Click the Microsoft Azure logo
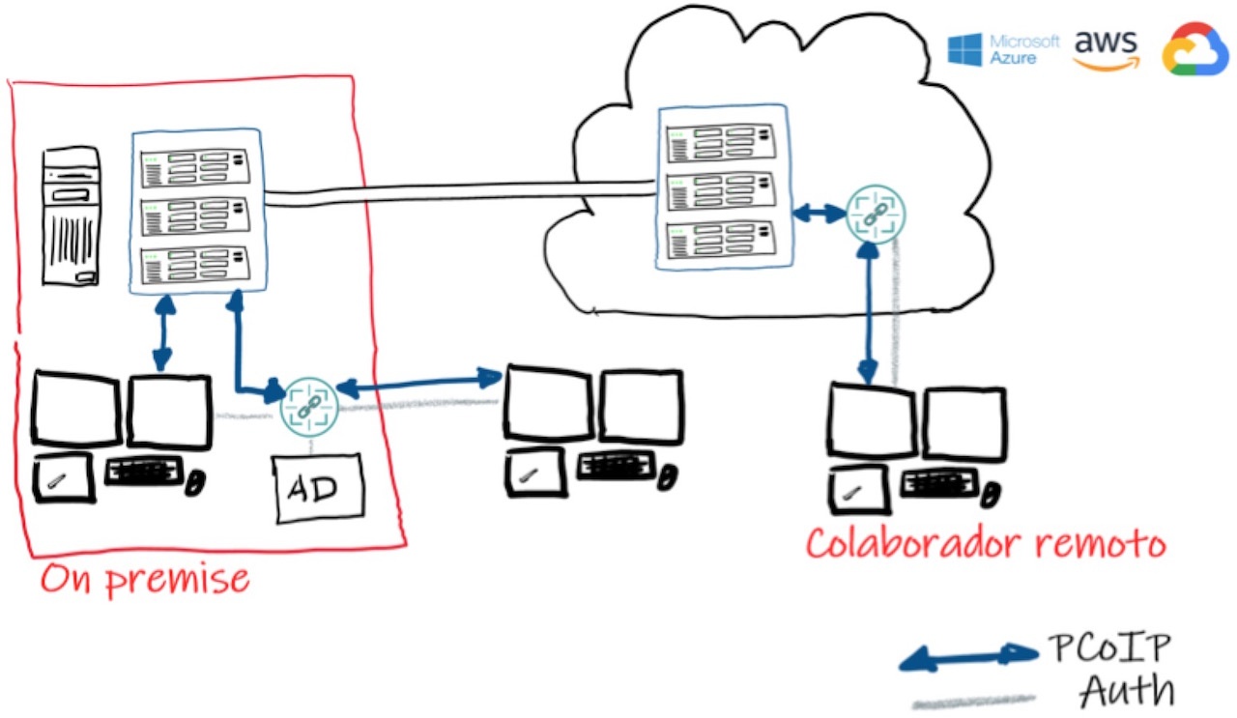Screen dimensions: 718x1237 tap(1003, 48)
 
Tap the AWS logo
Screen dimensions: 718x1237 tap(1107, 49)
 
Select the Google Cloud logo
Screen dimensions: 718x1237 tap(1195, 49)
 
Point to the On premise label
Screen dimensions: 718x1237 tap(145, 579)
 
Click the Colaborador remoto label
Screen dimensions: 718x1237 tap(986, 543)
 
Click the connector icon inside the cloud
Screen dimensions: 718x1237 tap(876, 215)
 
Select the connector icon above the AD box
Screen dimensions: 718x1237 tap(308, 407)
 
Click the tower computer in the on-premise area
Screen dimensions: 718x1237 tap(71, 216)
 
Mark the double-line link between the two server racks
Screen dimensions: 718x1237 tap(459, 190)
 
